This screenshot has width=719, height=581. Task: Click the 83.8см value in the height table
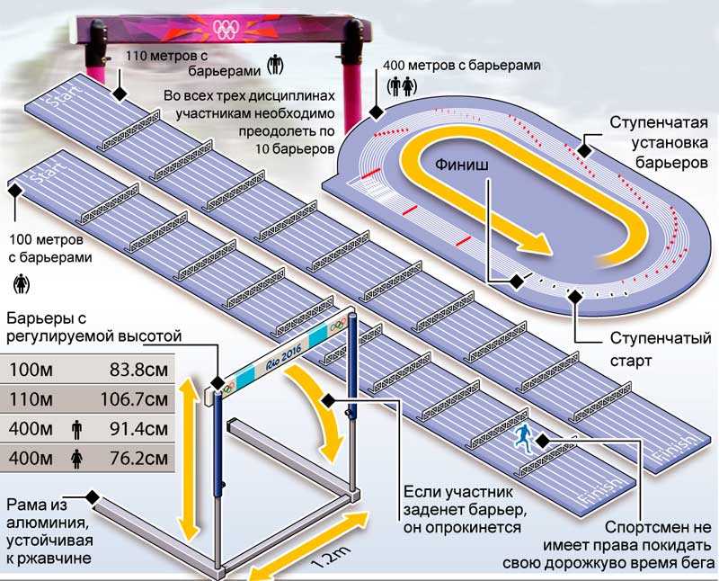tap(139, 370)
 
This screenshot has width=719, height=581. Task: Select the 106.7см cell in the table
tap(134, 399)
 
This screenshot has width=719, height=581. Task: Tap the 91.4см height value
tap(139, 429)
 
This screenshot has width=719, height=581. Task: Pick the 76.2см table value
tap(139, 459)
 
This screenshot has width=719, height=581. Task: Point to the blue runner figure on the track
tap(522, 436)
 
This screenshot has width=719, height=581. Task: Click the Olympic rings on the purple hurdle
tap(226, 30)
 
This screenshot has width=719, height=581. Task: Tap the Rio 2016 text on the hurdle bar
tap(284, 353)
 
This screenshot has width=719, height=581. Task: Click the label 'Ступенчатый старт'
tap(661, 349)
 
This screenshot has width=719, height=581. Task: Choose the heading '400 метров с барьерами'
tap(462, 65)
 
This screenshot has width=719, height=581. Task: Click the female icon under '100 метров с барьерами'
tap(21, 284)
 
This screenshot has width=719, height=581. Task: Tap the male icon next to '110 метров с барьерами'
tap(275, 64)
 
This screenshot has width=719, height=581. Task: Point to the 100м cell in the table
tap(31, 370)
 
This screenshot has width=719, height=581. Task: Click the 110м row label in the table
tap(31, 399)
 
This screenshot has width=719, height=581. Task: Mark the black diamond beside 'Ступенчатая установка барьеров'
tap(584, 150)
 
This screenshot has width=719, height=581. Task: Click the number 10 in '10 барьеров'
tap(264, 149)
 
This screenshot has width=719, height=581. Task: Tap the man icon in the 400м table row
tap(76, 430)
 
